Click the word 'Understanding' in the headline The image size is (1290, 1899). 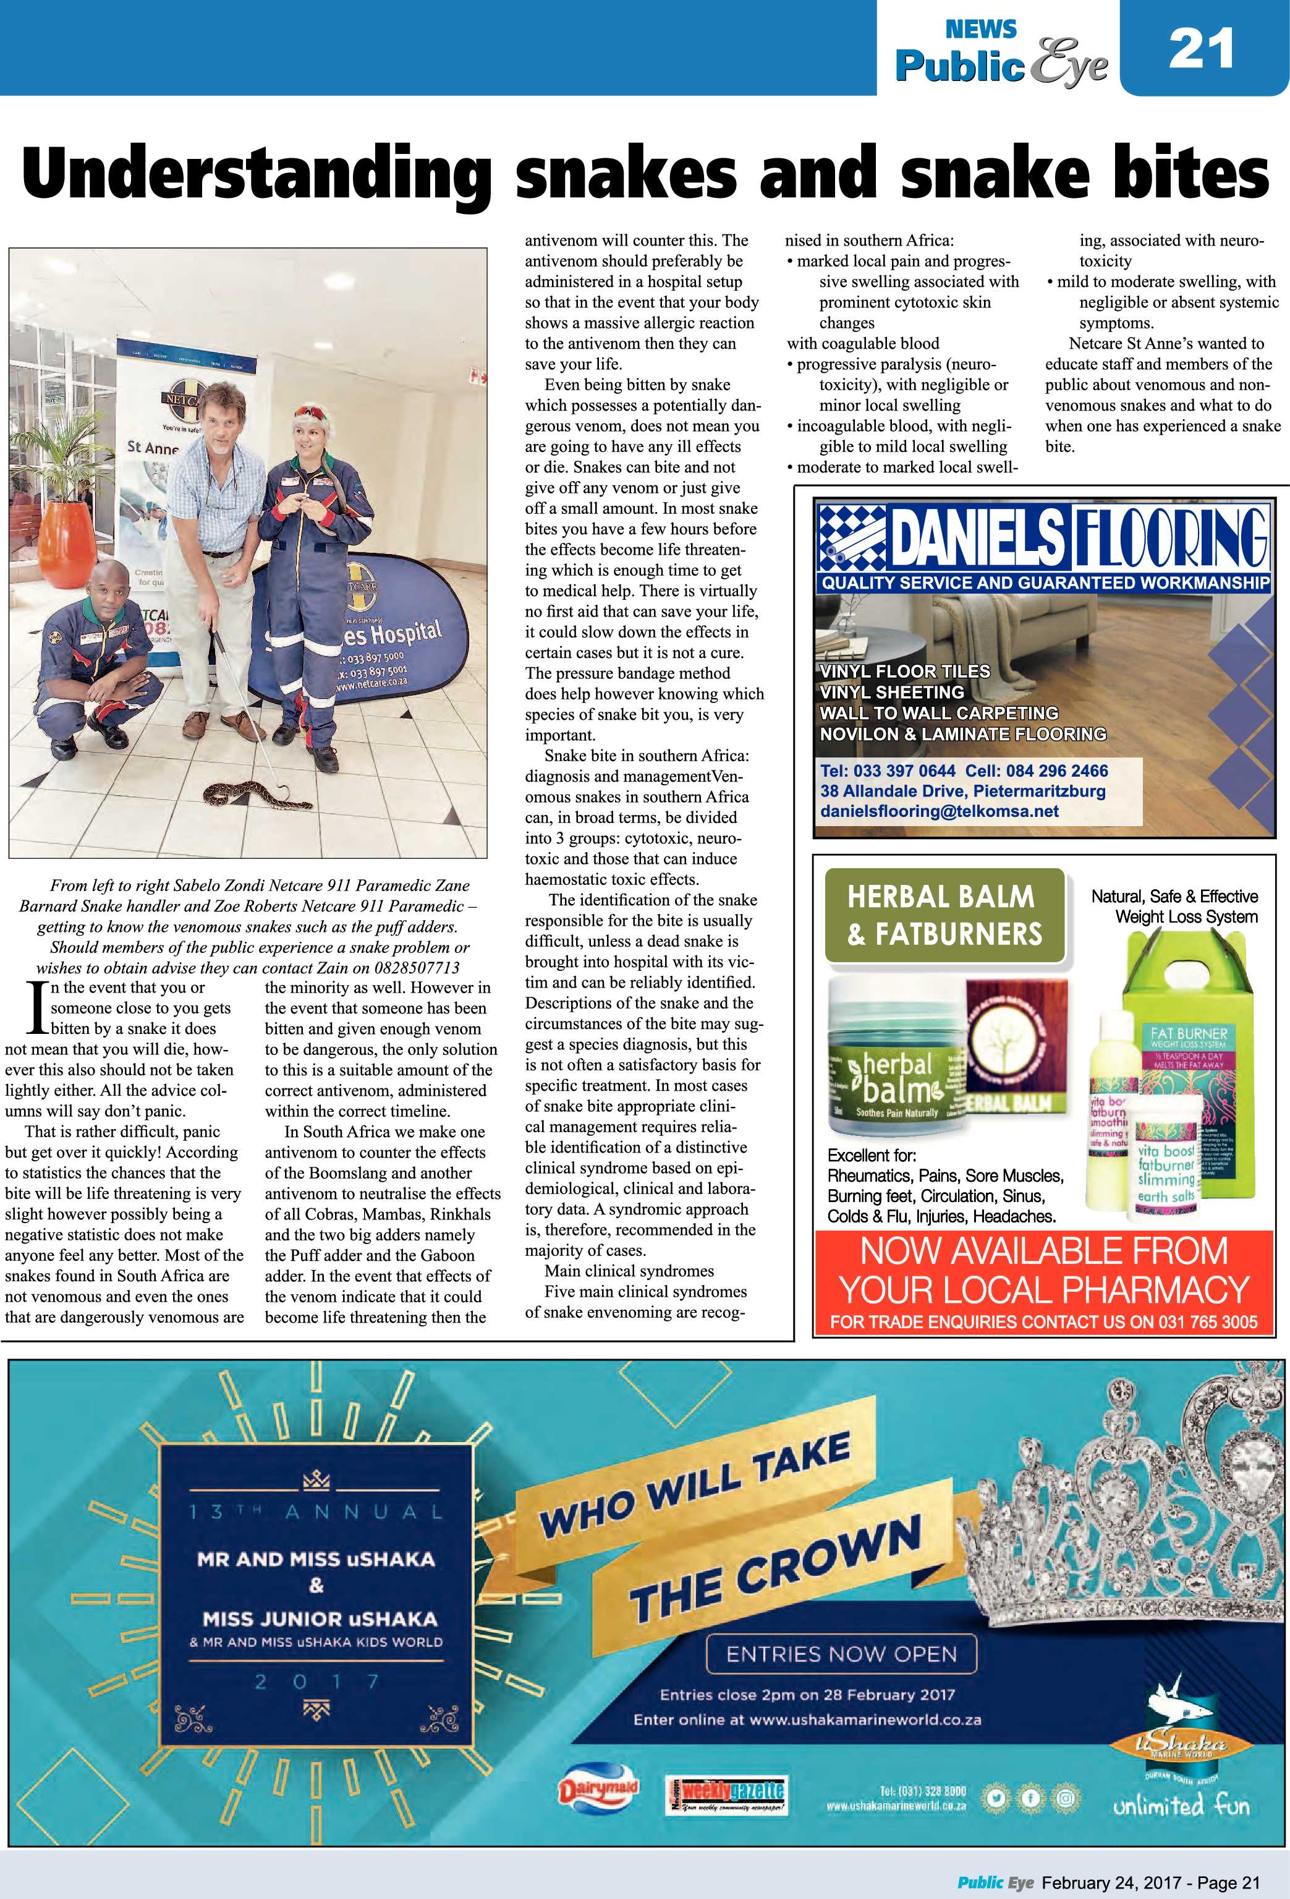tap(257, 174)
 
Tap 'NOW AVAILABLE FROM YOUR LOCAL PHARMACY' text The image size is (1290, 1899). tap(1043, 1271)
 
